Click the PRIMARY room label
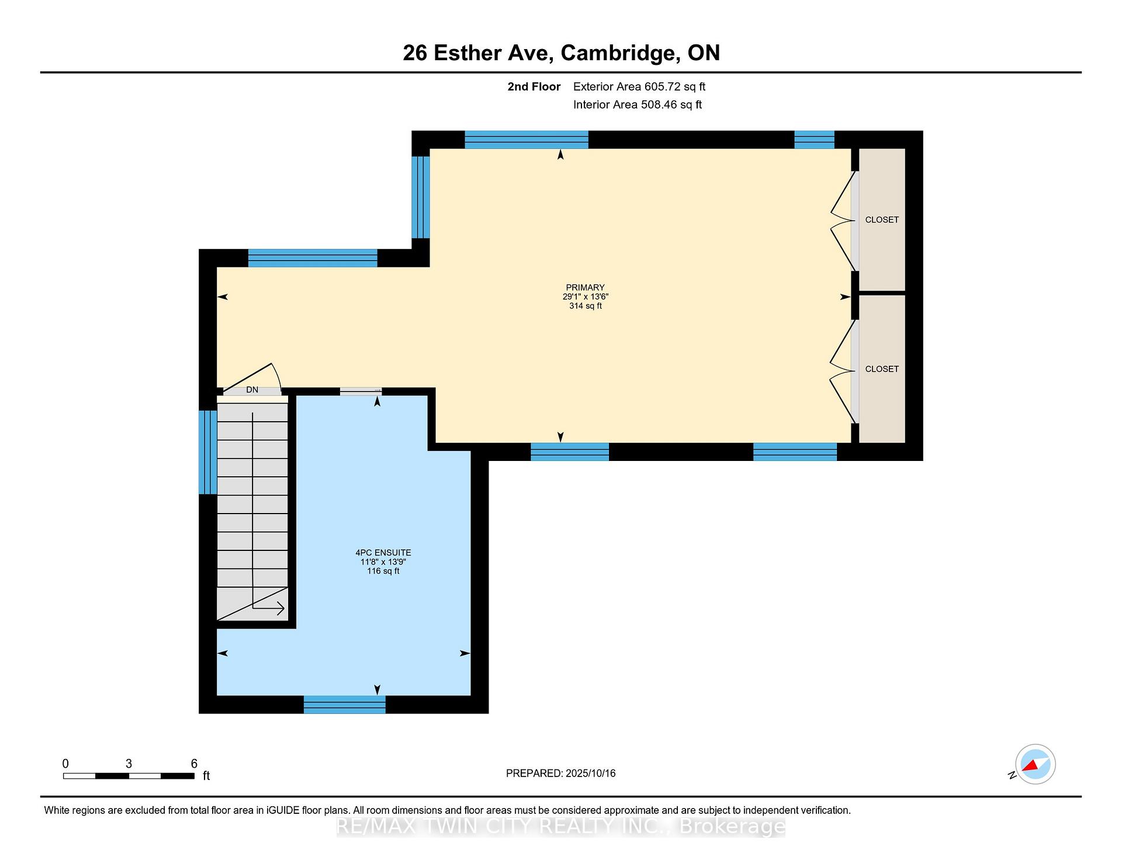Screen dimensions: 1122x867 pos(585,287)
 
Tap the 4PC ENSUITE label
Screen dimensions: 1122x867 pos(383,553)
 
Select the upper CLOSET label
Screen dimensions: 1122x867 pos(882,220)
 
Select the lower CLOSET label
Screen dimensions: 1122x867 pos(882,369)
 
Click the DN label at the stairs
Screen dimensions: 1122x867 pos(252,390)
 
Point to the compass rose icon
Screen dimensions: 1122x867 pos(1035,764)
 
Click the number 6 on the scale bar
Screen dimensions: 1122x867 pos(194,764)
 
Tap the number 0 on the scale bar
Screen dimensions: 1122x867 pos(65,764)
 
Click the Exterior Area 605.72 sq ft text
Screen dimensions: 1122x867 pos(639,87)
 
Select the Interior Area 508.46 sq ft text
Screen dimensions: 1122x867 pos(638,105)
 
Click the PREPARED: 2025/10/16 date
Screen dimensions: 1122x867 pos(561,774)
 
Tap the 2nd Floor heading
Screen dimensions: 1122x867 pos(534,87)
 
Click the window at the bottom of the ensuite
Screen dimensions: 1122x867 pos(345,705)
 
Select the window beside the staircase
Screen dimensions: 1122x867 pos(208,452)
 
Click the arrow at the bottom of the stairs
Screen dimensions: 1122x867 pos(268,609)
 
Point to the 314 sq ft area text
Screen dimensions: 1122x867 pos(586,306)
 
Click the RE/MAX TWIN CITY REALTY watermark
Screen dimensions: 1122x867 pos(561,827)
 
